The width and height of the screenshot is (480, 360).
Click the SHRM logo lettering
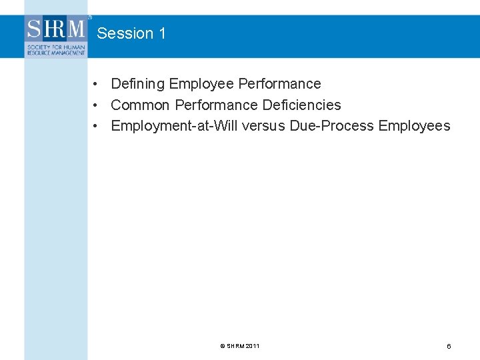[x=56, y=29]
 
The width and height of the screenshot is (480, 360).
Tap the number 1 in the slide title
[x=162, y=33]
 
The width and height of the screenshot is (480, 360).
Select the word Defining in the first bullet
[x=138, y=84]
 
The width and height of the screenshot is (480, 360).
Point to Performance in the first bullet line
[x=279, y=84]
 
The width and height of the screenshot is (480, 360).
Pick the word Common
[x=140, y=105]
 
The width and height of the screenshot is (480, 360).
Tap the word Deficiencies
[x=301, y=105]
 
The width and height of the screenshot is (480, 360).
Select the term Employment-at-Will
[x=173, y=126]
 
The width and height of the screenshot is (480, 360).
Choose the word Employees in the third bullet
[x=414, y=126]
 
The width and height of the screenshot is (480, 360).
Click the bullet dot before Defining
[x=97, y=85]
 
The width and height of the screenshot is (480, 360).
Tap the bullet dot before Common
[x=97, y=105]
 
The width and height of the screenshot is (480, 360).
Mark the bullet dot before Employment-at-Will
[x=97, y=126]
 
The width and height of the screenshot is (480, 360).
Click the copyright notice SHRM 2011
[x=240, y=346]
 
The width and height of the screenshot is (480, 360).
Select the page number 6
[x=449, y=347]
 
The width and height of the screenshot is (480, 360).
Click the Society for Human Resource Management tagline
[x=56, y=49]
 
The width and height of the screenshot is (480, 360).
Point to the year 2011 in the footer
[x=253, y=346]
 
